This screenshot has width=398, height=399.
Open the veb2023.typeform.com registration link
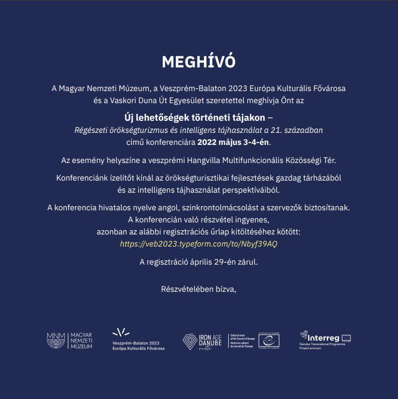198,244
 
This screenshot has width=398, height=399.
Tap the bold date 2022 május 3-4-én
234,142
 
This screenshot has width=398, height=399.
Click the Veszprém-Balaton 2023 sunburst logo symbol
121,332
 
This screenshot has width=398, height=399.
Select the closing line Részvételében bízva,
198,289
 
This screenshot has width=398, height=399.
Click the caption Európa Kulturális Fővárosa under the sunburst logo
138,348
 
